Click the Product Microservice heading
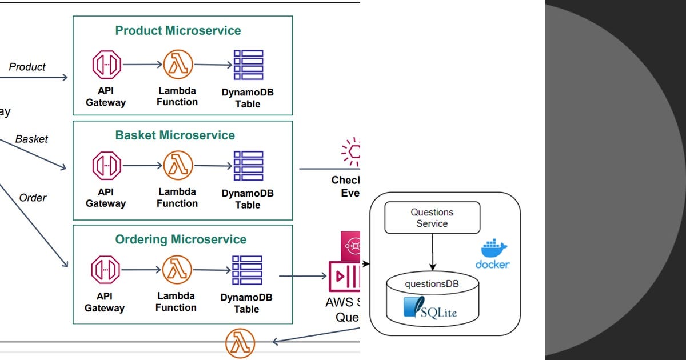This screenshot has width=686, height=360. click(178, 31)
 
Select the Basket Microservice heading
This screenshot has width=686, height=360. click(175, 135)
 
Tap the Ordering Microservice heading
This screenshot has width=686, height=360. click(181, 239)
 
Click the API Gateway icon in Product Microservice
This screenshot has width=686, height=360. click(107, 65)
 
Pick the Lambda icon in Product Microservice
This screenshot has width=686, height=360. click(178, 65)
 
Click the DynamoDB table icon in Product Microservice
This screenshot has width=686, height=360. click(248, 65)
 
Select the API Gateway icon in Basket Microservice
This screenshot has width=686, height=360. click(107, 166)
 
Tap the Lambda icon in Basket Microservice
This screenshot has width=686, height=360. click(178, 166)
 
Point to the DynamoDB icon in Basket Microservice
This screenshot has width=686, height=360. click(248, 166)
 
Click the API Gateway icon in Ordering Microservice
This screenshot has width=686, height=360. click(106, 270)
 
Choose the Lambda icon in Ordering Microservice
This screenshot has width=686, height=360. click(177, 270)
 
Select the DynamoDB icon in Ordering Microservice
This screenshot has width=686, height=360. click(247, 270)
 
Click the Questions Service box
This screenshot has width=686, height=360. click(432, 218)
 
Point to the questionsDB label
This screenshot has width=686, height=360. click(432, 284)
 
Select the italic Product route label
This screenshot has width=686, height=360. click(27, 67)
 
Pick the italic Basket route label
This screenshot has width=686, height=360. click(31, 139)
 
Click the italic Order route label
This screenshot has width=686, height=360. click(33, 198)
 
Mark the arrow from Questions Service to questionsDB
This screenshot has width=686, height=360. click(432, 251)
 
